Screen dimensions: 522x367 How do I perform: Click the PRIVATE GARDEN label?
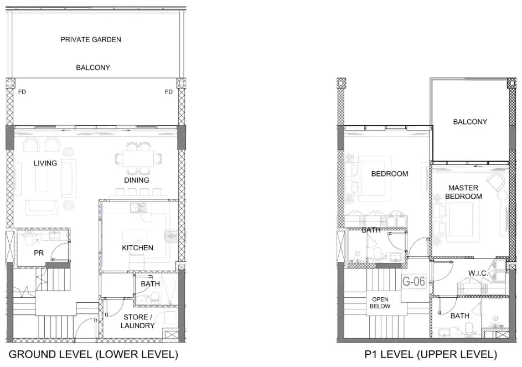[x=91, y=40]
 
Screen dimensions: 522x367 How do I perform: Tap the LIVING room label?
[x=45, y=163]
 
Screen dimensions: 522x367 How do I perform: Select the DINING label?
[x=137, y=180]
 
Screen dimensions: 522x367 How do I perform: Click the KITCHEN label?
[x=137, y=248]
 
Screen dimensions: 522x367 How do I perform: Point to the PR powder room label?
[x=39, y=253]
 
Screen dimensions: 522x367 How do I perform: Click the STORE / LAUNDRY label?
[x=137, y=322]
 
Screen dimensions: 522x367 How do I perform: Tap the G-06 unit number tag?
[x=414, y=281]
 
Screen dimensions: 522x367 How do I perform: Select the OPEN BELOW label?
[x=380, y=303]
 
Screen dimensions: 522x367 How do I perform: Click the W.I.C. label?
[x=478, y=273]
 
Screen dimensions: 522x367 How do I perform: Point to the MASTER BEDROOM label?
[x=463, y=192]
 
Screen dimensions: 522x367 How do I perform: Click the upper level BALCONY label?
[x=470, y=122]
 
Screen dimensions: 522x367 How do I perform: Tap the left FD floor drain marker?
[x=22, y=91]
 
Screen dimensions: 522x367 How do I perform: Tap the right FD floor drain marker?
[x=169, y=91]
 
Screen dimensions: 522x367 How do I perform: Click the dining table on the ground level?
[x=138, y=158]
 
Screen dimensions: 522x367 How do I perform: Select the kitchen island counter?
[x=135, y=236]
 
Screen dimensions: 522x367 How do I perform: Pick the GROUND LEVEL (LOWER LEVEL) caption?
[x=94, y=354]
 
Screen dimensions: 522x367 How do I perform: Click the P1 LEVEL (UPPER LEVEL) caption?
[x=431, y=354]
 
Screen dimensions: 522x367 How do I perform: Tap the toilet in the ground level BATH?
[x=155, y=297]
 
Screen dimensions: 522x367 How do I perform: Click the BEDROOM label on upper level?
[x=390, y=174]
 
